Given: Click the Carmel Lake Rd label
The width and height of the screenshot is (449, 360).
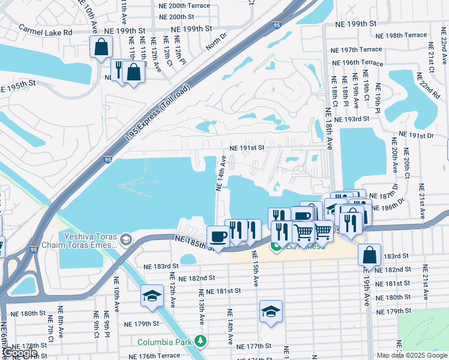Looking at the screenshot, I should point(45,29).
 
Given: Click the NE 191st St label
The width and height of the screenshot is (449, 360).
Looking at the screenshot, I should point(247,148).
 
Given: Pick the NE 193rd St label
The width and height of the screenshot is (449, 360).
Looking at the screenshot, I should point(351,119).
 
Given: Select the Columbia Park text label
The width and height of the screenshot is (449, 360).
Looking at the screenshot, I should point(166,342).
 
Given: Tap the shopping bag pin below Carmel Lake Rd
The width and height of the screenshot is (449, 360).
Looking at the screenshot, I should point(101,46).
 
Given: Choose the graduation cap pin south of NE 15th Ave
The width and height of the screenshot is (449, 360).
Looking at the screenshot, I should point(271,311).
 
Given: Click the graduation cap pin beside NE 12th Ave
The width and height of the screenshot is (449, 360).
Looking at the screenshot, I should point(152,296).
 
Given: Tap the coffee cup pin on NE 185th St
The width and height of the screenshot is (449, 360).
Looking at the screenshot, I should point(217,236).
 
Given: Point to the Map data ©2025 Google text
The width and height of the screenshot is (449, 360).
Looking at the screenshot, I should point(412,355).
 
